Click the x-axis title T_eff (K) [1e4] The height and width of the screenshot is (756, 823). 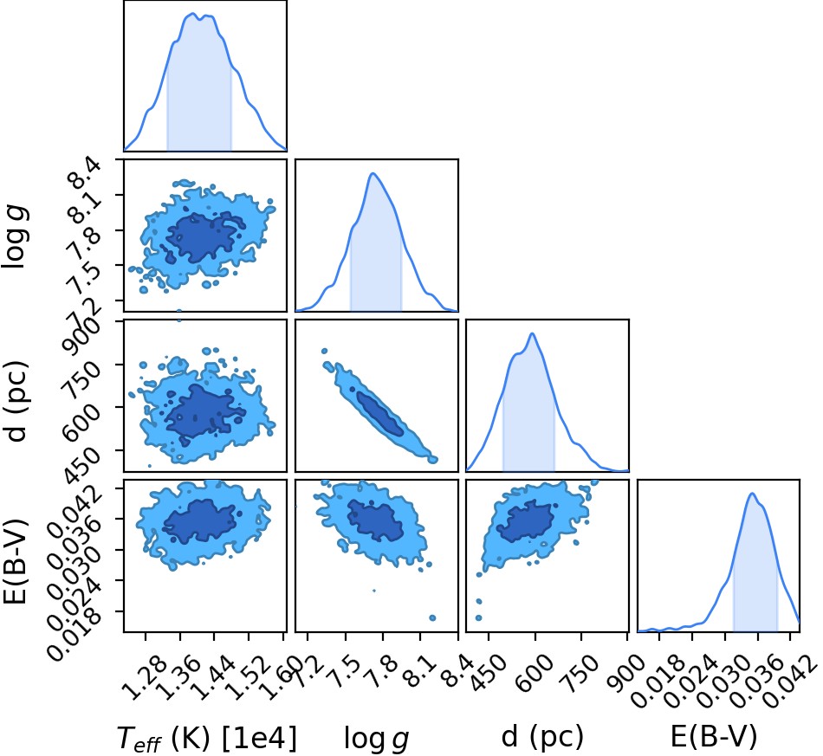pyautogui.click(x=206, y=738)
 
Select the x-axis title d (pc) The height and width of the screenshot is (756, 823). pyautogui.click(x=542, y=737)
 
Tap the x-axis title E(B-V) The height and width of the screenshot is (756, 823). pyautogui.click(x=714, y=736)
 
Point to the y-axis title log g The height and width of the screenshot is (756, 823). pyautogui.click(x=15, y=237)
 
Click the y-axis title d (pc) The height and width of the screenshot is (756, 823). pyautogui.click(x=15, y=401)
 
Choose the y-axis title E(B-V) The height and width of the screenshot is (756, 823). pyautogui.click(x=15, y=561)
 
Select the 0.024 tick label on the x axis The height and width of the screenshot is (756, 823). pyautogui.click(x=689, y=681)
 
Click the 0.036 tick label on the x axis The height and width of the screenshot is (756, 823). pyautogui.click(x=755, y=681)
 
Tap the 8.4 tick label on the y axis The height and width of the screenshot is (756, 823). pyautogui.click(x=87, y=175)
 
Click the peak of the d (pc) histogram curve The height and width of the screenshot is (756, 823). pyautogui.click(x=532, y=333)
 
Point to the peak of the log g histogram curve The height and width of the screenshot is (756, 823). pyautogui.click(x=373, y=173)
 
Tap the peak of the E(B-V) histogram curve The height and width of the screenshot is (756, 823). pyautogui.click(x=752, y=493)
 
